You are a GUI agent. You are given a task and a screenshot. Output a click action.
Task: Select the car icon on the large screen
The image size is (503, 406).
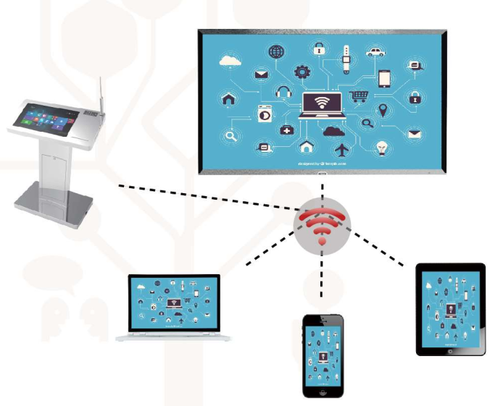click(374, 51)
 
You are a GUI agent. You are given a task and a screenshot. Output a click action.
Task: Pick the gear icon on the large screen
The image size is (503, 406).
click(302, 72)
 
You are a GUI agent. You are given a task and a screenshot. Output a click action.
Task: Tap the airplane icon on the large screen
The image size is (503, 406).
click(342, 149)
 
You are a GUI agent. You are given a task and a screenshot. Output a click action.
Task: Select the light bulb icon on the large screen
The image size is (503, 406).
click(380, 148)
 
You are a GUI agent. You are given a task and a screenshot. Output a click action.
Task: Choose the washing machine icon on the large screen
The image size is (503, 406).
click(264, 114)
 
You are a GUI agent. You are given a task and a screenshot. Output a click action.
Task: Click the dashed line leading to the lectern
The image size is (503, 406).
click(203, 199)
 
